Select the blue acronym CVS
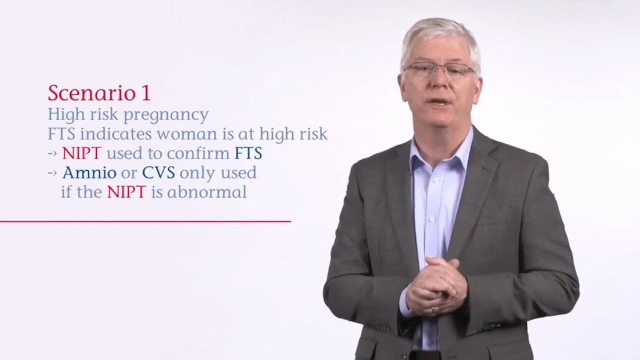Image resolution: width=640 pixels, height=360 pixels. pos(158,173)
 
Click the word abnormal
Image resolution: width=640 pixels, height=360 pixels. pos(207,192)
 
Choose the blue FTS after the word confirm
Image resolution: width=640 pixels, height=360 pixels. pos(248,153)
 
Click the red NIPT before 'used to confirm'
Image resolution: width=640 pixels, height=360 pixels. pos(82,153)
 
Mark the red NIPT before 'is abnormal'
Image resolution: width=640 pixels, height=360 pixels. pos(126,192)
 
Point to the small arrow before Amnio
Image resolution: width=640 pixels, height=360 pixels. pos(53,173)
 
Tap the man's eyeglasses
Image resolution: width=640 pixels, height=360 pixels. pos(438,70)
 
